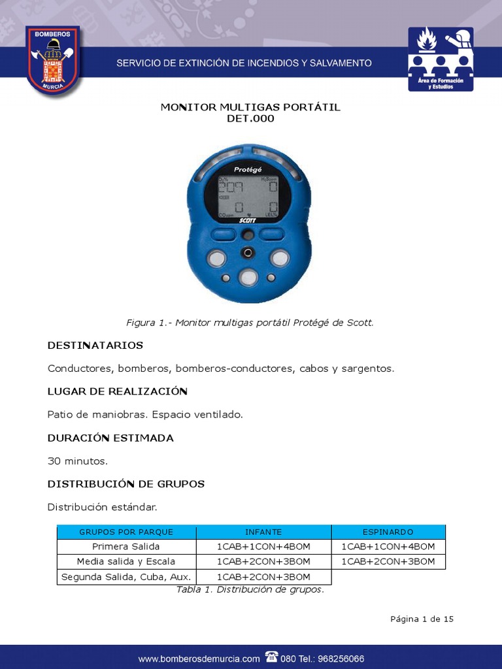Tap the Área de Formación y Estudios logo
click(x=441, y=59)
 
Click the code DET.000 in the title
click(x=250, y=119)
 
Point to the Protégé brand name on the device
click(x=248, y=169)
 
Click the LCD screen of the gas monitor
click(x=248, y=197)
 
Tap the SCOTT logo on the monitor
click(x=248, y=221)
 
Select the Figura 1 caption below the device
click(x=250, y=323)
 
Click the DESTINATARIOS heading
click(x=95, y=345)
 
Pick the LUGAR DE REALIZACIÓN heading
click(x=118, y=391)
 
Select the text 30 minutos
click(x=77, y=461)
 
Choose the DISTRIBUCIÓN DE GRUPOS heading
click(x=126, y=484)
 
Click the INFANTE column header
click(x=263, y=532)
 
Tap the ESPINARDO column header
click(x=388, y=532)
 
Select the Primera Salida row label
click(x=126, y=547)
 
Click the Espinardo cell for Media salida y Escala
click(x=388, y=562)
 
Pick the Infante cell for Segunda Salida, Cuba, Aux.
click(x=263, y=577)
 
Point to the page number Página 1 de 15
click(x=422, y=619)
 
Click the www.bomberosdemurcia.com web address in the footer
click(x=199, y=659)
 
